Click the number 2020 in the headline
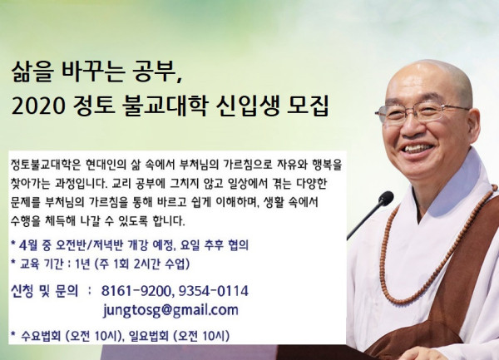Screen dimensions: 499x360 pos(38,106)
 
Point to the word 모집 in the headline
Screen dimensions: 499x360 pos(308,106)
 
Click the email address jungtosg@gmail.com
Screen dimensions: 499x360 pos(170,310)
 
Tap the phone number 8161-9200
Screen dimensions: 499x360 pos(137,291)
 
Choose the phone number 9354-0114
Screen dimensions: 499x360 pos(213,291)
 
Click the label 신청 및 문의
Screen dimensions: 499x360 pos(45,291)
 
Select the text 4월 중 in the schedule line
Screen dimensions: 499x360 pos(34,245)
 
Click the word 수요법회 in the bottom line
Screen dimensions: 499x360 pos(41,336)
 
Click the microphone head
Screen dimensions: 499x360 pos(386,199)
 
